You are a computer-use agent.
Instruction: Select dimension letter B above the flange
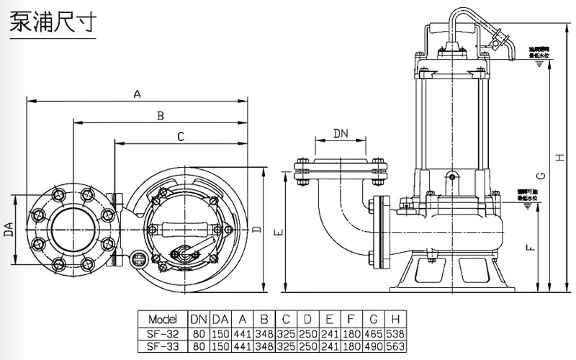tap(161, 114)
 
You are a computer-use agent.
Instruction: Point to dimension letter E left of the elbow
tap(279, 233)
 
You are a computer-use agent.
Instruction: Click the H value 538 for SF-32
tap(395, 333)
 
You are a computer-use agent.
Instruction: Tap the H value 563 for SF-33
tap(395, 346)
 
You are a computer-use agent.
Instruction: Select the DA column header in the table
tap(220, 319)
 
